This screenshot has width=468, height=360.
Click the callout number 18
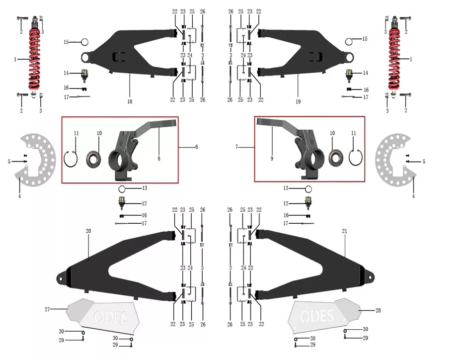pos(130,101)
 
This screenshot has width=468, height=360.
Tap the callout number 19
pos(298,101)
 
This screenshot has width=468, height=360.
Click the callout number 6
pos(196,147)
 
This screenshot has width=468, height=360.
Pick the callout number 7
pos(236,147)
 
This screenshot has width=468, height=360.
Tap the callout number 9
pos(272,159)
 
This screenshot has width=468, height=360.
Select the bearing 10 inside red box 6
pos(93,159)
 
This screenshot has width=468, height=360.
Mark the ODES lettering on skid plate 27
pos(111,317)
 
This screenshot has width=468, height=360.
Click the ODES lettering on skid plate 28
pos(317,316)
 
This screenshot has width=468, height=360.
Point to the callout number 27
pos(47,309)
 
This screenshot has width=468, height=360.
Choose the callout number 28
pos(378,310)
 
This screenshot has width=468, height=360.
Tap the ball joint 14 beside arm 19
pos(349,75)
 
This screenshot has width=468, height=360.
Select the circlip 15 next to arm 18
pos(85,42)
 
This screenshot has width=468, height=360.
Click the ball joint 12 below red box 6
pos(122,202)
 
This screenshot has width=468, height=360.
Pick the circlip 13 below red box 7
pos(309,189)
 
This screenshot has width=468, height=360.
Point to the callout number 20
pos(88,231)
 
